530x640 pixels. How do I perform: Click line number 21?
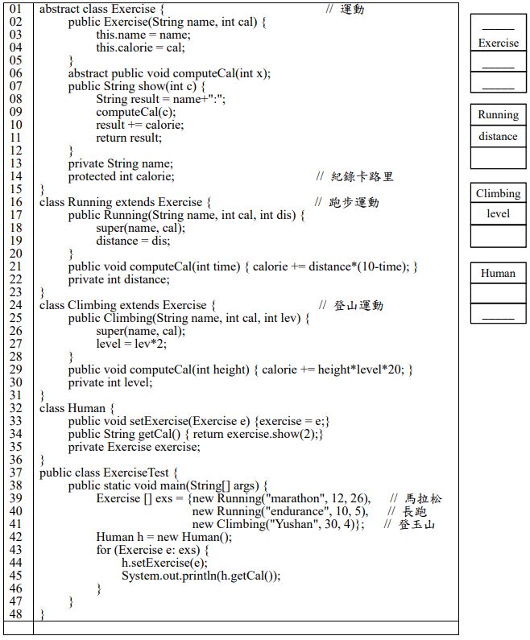pos(17,266)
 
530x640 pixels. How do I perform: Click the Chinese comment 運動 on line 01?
pos(352,9)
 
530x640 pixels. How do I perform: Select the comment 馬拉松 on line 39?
pos(424,498)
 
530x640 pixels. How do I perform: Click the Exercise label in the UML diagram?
pos(499,43)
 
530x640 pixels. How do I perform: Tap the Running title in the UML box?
pos(499,114)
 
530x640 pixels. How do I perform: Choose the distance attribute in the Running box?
pos(499,136)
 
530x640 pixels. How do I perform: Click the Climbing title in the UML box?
pos(499,193)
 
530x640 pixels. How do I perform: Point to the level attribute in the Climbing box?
pos(499,214)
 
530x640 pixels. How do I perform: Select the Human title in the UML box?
pos(499,273)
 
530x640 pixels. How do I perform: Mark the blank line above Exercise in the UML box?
pos(499,27)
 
